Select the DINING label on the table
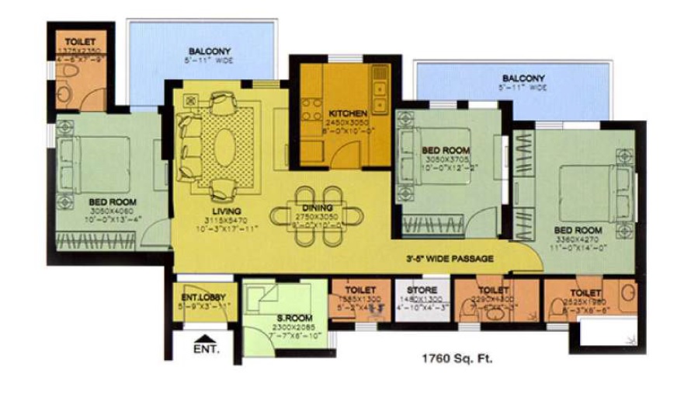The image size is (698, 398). point(318,208)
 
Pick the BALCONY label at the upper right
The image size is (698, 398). point(523,79)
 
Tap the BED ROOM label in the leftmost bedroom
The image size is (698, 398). point(110,201)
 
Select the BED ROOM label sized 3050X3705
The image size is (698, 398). point(446,149)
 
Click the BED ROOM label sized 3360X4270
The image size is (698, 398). point(578,230)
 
